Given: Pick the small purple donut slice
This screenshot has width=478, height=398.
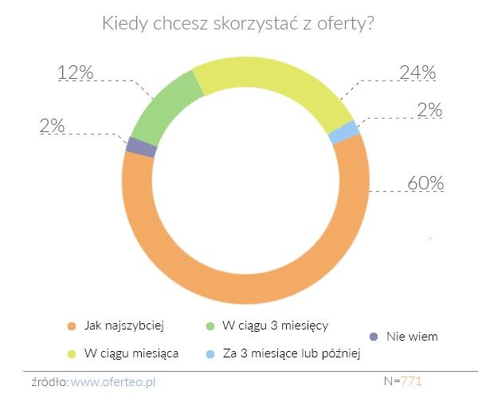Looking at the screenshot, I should click(141, 147).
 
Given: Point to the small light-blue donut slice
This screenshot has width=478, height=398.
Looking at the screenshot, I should click(343, 132).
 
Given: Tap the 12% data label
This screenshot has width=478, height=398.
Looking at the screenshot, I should click(75, 72).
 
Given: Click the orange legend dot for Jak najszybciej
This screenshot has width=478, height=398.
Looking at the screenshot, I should click(71, 326).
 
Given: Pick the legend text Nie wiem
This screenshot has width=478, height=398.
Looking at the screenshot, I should click(412, 337).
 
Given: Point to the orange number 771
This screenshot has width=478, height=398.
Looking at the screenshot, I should click(411, 381).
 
